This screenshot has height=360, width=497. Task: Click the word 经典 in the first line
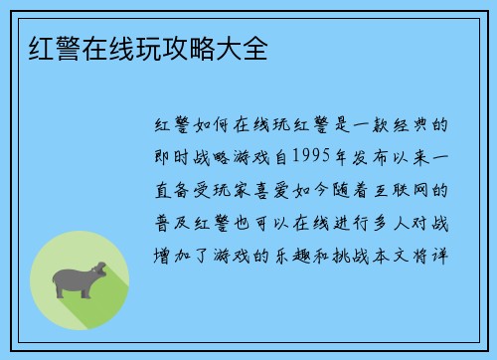(x=417, y=126)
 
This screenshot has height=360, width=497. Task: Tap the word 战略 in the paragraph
(x=221, y=157)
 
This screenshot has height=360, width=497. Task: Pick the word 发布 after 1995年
(x=373, y=157)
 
